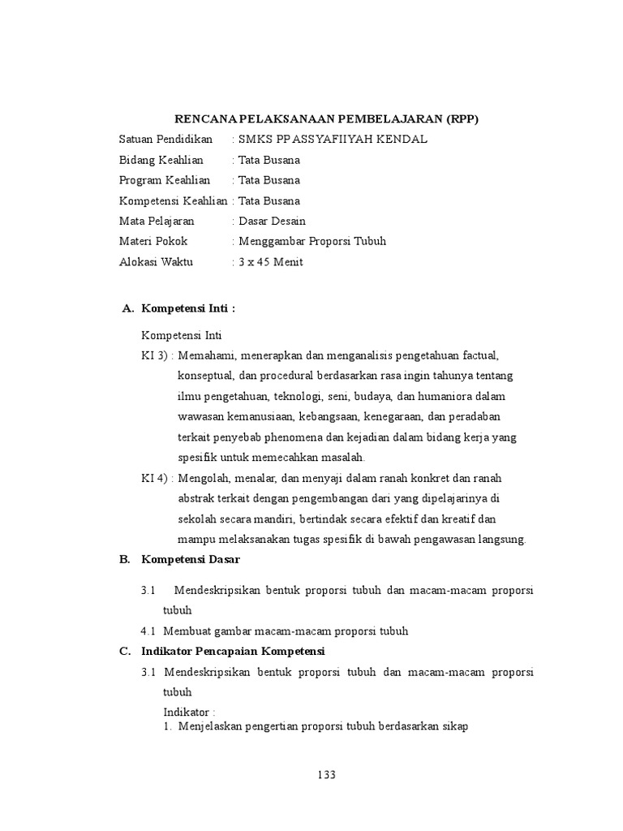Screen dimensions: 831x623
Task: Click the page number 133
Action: [x=325, y=775]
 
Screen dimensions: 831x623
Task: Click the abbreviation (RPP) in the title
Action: [x=462, y=118]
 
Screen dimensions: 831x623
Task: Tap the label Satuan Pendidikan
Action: [x=165, y=140]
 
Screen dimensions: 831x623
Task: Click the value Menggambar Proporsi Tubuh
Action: [x=311, y=241]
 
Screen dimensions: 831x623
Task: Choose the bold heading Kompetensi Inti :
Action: [x=188, y=308]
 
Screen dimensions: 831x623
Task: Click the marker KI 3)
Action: [x=155, y=355]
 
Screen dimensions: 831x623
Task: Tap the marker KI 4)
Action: [x=155, y=478]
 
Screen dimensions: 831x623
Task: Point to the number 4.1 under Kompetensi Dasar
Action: [x=148, y=631]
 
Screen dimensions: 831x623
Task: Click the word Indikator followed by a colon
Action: [x=190, y=711]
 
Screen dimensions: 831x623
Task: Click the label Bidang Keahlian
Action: [x=161, y=160]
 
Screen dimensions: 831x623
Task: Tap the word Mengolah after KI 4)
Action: [x=202, y=478]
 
